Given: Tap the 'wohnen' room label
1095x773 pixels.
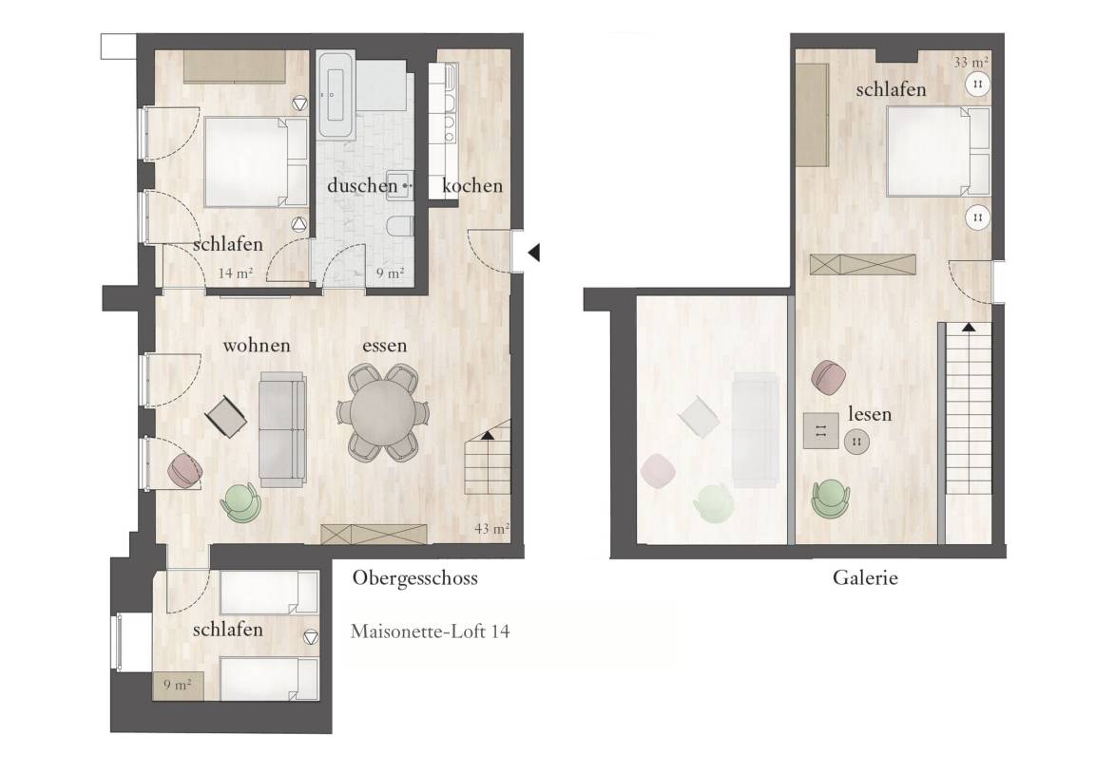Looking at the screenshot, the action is pos(257,346).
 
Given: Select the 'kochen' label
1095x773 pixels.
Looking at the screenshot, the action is pos(472,185).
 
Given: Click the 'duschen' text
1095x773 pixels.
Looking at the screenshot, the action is pos(362,185).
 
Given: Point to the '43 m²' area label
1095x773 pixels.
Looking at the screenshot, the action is pos(491,529).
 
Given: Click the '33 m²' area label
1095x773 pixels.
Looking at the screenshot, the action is pos(970,62).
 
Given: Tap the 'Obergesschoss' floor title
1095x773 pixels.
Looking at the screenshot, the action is pos(414,578).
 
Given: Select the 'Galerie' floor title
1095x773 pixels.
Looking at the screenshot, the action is pos(865,577).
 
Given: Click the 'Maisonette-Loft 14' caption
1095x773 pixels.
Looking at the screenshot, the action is pos(431,632).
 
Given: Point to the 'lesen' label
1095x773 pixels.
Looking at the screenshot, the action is pos(870,414).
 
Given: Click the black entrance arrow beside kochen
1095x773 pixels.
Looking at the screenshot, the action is pos(534,253).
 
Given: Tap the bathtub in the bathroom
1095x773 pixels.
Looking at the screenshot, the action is pos(336,94).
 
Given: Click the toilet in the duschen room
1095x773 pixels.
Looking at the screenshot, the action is pos(399,227).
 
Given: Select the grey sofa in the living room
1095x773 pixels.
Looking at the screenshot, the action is pos(282,429).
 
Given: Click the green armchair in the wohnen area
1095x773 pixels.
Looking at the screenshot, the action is pos(240,502).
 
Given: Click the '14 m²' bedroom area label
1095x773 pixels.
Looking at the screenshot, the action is pos(235,273).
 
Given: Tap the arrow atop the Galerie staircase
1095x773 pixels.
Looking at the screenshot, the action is pos(969,327).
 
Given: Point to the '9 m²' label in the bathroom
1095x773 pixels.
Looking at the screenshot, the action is pos(390,273).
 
